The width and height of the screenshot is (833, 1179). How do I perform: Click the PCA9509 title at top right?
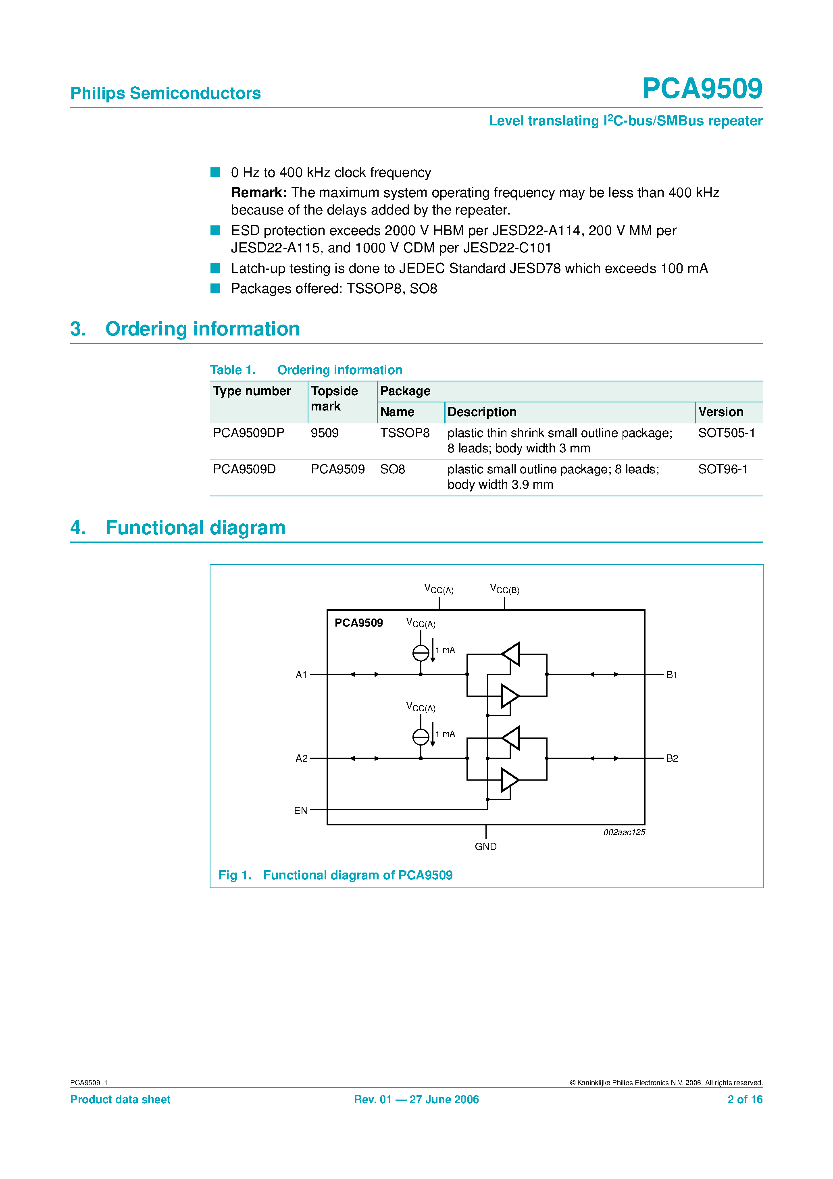click(702, 88)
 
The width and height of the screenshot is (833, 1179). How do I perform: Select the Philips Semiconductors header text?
click(165, 93)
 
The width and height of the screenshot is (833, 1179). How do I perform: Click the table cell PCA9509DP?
click(248, 433)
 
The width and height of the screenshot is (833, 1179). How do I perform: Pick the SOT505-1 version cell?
click(726, 433)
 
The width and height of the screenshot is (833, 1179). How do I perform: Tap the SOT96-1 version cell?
click(723, 469)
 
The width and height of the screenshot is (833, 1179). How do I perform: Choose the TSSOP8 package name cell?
click(405, 433)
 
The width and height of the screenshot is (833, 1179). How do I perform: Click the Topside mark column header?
click(334, 398)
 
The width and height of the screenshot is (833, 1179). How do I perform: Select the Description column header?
click(482, 412)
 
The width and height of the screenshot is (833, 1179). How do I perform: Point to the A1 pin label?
click(301, 675)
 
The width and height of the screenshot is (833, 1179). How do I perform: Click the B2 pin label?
click(672, 758)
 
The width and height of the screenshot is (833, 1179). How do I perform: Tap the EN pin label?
click(300, 810)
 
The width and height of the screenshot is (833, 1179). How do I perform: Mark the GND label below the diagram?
click(485, 846)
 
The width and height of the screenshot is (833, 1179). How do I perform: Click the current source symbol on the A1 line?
click(421, 653)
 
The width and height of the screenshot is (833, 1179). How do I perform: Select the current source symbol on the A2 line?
click(421, 737)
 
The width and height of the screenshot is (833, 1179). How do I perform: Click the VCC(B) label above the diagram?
click(504, 589)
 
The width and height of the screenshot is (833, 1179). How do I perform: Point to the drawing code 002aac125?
click(624, 832)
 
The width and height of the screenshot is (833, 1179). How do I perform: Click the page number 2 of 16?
click(745, 1100)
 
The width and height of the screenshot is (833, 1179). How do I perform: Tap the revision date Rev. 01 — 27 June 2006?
click(416, 1100)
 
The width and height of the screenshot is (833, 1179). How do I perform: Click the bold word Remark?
click(259, 193)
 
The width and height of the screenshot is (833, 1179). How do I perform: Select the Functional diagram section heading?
click(195, 527)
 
